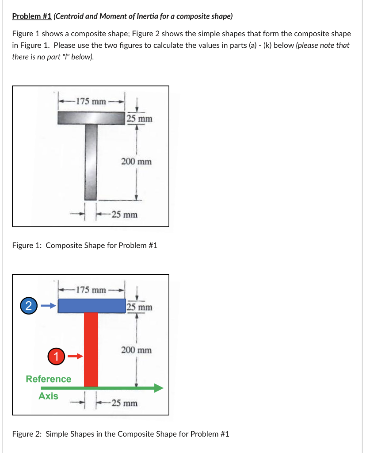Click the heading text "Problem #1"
31,16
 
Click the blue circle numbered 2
28,306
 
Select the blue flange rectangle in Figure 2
92,305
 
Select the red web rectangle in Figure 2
91,349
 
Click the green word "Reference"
48,379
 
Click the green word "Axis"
48,396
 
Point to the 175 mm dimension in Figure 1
91,101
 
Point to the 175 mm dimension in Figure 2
91,290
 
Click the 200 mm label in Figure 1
136,161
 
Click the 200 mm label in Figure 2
136,350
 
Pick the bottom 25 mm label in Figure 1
124,215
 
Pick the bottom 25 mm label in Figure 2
124,403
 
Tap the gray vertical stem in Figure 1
91,162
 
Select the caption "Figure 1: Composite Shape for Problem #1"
84,245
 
